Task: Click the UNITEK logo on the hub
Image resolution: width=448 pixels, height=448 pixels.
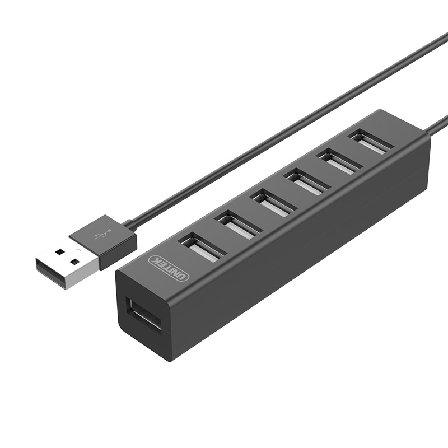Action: tap(169, 268)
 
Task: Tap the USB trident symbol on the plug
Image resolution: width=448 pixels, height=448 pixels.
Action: tap(102, 234)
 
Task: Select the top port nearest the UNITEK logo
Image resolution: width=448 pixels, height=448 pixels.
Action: tap(202, 248)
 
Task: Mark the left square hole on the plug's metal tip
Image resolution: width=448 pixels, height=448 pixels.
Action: tap(59, 251)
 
